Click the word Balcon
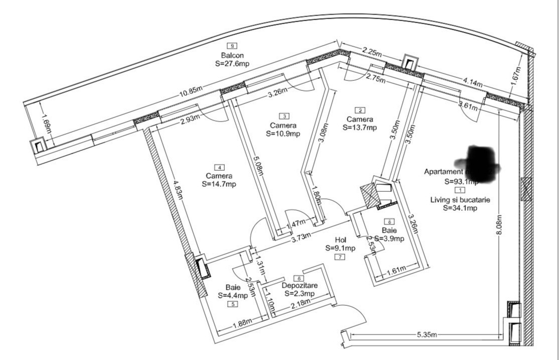click(232, 55)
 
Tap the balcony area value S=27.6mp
click(232, 64)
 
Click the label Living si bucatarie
click(460, 200)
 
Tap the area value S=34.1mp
click(460, 208)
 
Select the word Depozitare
click(299, 285)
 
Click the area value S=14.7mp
click(219, 184)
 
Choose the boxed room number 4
click(219, 167)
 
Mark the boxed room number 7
click(340, 257)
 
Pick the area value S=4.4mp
click(233, 296)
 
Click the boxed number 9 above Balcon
click(231, 46)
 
